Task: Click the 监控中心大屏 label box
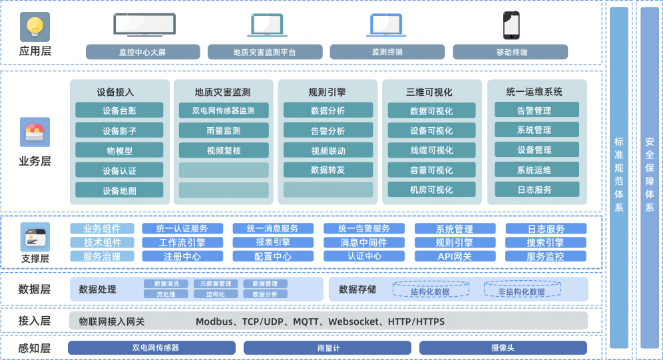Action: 142,52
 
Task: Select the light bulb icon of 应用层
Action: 34,27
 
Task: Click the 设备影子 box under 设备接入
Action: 119,130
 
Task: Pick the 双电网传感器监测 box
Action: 223,110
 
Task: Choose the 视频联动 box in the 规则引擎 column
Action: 328,150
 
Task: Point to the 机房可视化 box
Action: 431,190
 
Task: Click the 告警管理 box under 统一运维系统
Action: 534,110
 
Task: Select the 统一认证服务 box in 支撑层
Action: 182,229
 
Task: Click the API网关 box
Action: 455,256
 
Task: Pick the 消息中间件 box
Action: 363,243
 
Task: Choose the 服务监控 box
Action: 545,256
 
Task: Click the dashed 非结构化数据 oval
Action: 521,291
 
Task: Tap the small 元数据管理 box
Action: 216,284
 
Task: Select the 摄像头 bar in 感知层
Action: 503,348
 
